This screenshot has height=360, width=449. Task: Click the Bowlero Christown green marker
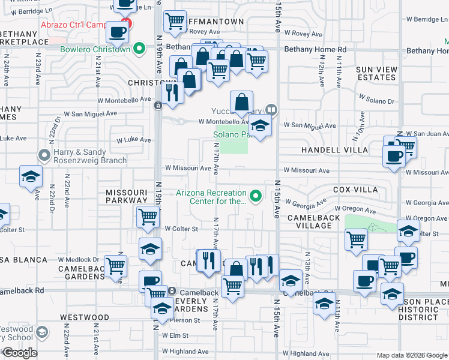pos(140,49)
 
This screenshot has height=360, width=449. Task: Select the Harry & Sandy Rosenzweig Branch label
pos(90,156)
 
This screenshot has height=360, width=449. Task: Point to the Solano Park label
pos(231,134)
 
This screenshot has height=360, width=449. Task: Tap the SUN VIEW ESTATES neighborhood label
pos(376,73)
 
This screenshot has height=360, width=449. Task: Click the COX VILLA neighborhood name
pos(355,190)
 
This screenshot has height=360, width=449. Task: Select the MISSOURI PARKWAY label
pos(126,196)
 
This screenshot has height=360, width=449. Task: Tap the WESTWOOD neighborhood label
pos(84,317)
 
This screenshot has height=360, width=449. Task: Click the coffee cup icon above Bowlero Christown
pos(117,32)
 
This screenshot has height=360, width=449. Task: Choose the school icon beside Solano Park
pos(260,127)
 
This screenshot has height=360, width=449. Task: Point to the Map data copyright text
pos(412,355)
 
